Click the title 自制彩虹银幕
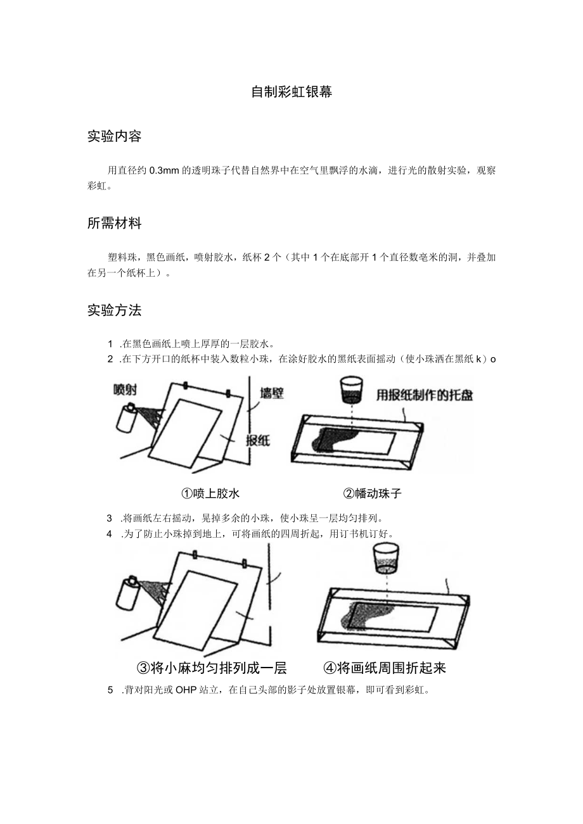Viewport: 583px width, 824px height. [x=291, y=92]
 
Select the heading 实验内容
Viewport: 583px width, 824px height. [x=114, y=136]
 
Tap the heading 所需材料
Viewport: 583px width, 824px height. [x=114, y=223]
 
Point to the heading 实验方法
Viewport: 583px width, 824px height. [x=114, y=310]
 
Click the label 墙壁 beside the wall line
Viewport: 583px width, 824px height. [x=272, y=394]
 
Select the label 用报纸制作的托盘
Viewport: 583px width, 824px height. [x=425, y=395]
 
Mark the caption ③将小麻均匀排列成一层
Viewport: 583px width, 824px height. [x=212, y=668]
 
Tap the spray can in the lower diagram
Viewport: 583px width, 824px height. [x=129, y=595]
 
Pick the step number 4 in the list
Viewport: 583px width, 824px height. [x=110, y=533]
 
